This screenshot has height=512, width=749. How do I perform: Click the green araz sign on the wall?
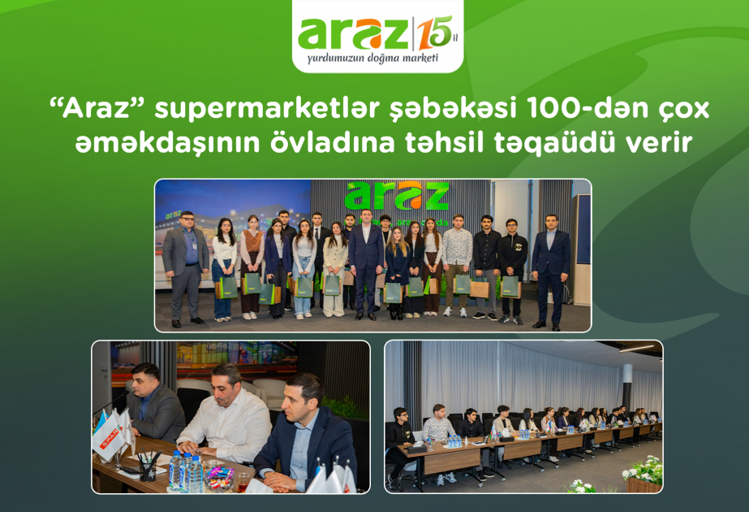(x=396, y=196)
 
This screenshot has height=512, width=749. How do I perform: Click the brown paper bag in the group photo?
(x=480, y=288)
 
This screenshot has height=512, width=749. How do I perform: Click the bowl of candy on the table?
(x=218, y=479)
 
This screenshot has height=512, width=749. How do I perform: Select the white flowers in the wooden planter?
(x=643, y=471)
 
